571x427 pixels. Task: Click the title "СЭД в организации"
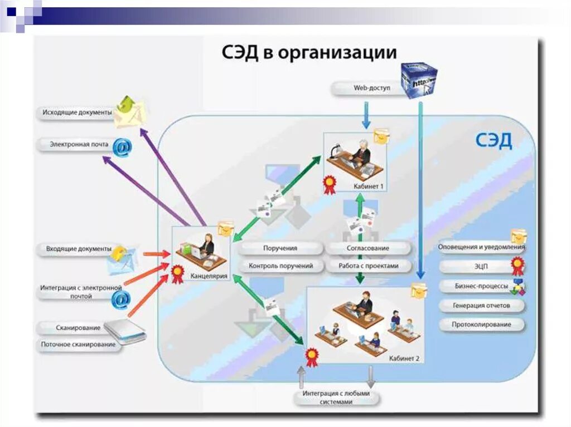(x=309, y=53)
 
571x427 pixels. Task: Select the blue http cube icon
(x=419, y=80)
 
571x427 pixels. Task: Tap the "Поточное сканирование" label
(x=79, y=345)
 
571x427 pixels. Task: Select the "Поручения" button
(x=280, y=248)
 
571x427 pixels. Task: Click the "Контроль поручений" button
(x=280, y=266)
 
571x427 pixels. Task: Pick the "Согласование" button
(x=368, y=248)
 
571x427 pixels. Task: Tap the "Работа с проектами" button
(x=368, y=266)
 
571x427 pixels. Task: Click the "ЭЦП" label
(x=481, y=267)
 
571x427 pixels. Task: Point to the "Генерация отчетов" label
(x=481, y=306)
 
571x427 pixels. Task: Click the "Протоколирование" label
(x=481, y=325)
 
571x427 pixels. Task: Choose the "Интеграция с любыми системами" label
(x=336, y=397)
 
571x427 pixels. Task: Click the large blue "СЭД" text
(x=493, y=141)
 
